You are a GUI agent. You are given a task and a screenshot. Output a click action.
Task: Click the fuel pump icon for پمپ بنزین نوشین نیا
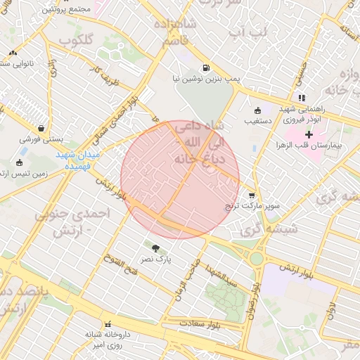click(x=205, y=68)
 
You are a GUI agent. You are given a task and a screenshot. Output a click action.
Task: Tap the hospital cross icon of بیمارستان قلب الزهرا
click(x=309, y=134)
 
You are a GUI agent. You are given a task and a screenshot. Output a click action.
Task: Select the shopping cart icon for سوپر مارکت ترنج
click(x=252, y=195)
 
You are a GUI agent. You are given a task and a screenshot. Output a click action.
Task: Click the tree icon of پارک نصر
click(x=155, y=246)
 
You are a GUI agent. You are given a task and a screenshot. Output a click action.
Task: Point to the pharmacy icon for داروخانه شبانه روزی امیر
click(x=108, y=324)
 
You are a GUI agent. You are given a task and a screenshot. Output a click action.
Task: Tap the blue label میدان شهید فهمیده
click(x=79, y=161)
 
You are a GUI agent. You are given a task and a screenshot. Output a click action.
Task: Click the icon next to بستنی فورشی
click(x=44, y=129)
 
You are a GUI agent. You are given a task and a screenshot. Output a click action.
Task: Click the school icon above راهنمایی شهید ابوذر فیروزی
click(x=302, y=98)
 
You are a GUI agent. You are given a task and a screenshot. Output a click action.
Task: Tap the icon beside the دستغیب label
click(x=257, y=110)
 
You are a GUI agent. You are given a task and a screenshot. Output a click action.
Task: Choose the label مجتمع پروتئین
click(x=67, y=11)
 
